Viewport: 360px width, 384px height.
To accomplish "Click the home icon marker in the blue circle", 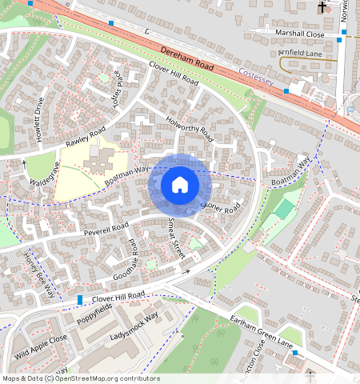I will click(180, 185).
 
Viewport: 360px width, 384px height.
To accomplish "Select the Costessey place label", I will click(257, 73).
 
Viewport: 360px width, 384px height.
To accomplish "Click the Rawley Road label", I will click(86, 134).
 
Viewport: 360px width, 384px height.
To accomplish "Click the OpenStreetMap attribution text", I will click(80, 378).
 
